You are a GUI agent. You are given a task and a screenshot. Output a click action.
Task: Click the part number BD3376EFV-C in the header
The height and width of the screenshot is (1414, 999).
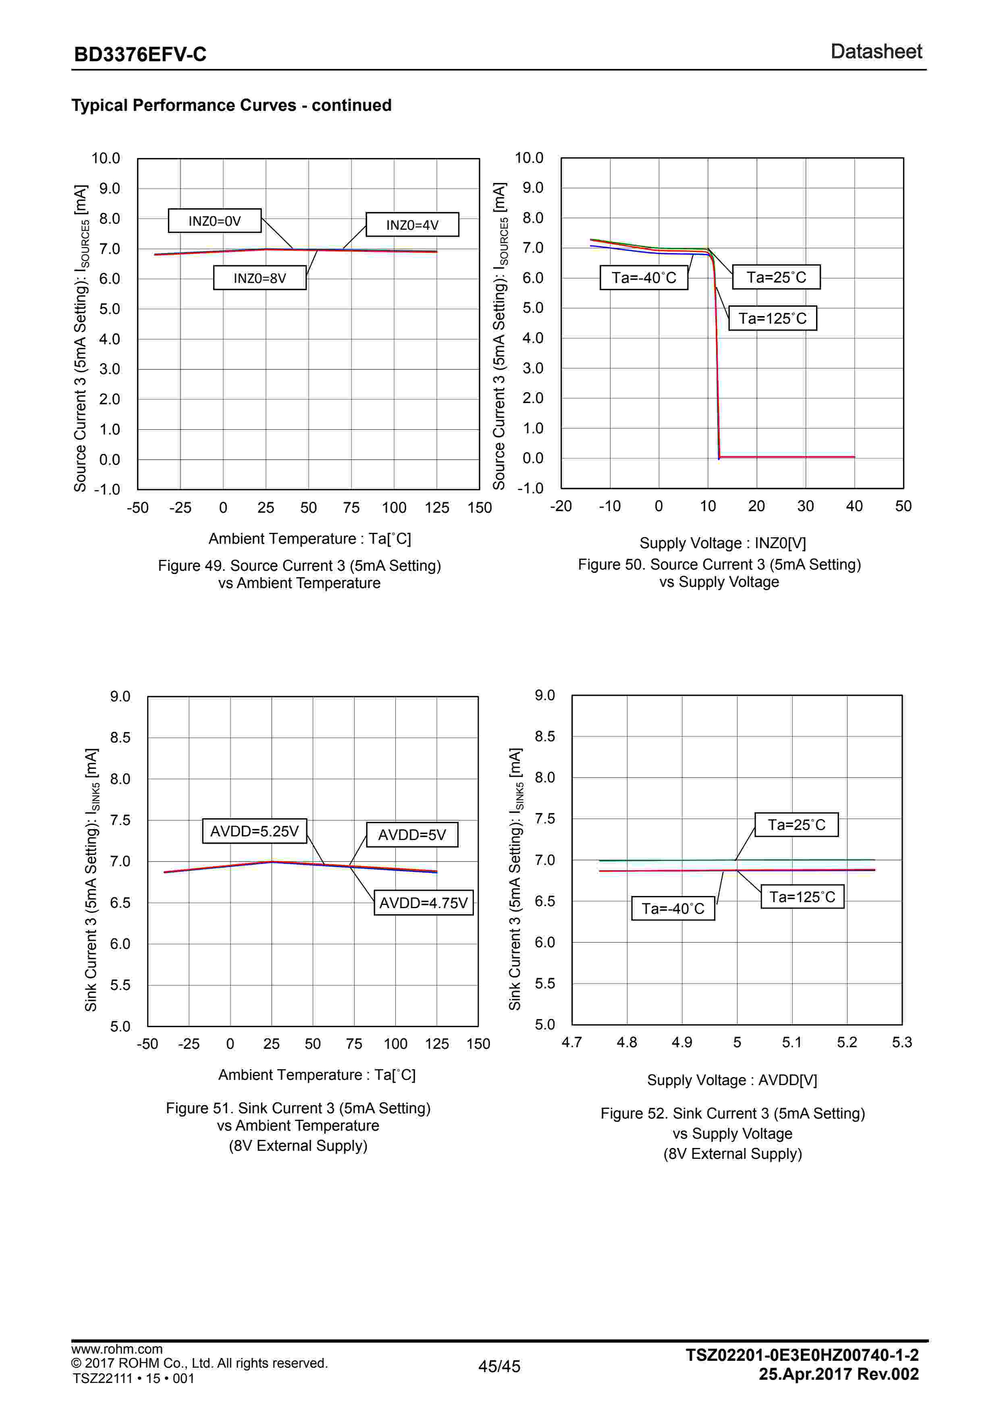tap(140, 55)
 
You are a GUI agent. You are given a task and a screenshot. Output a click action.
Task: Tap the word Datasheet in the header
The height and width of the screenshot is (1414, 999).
tap(876, 52)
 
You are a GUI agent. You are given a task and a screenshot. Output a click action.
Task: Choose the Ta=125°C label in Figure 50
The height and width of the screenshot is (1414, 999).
tap(773, 318)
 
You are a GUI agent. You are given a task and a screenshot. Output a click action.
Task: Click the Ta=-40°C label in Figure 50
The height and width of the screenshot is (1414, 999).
tap(644, 278)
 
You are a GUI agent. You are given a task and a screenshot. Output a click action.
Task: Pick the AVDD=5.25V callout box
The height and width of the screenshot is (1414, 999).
tap(254, 832)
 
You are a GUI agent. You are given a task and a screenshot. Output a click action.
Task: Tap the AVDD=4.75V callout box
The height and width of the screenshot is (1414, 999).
tap(424, 903)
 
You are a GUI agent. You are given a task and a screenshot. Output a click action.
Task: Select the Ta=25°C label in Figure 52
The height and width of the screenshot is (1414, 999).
tap(796, 825)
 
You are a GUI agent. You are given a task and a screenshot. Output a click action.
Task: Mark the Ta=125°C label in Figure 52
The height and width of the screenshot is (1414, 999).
tap(802, 897)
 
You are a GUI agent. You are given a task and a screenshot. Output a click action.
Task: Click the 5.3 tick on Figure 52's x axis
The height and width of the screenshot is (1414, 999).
tap(902, 1042)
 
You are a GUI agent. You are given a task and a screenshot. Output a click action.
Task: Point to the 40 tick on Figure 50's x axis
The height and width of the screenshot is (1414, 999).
tap(854, 506)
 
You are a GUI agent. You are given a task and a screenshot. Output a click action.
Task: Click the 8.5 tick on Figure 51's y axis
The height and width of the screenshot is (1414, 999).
tap(120, 738)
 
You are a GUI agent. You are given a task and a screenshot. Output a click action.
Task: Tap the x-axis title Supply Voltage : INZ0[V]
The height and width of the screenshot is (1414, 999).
tap(723, 543)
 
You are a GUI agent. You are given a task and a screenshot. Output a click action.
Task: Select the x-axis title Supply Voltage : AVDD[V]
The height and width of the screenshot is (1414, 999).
tap(732, 1080)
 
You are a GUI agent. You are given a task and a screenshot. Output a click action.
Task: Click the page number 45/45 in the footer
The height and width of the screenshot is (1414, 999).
tap(499, 1366)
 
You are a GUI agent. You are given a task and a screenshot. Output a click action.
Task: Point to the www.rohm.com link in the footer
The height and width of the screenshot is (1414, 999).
tap(117, 1349)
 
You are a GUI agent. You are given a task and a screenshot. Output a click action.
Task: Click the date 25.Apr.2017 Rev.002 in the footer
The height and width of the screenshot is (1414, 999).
tap(838, 1374)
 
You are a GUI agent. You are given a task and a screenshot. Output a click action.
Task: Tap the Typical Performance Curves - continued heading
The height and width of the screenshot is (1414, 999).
tap(231, 105)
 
